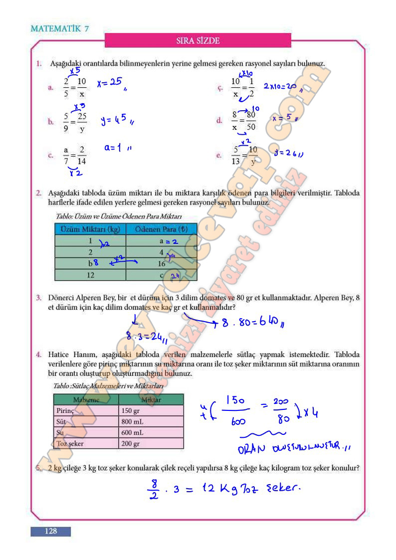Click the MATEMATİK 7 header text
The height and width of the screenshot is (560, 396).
point(59,28)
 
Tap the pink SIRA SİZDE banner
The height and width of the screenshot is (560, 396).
point(198,40)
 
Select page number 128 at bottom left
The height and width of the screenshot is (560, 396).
point(50,531)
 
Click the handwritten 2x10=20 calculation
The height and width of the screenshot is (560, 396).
point(280,86)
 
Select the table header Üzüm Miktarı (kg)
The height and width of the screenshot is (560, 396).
point(90,229)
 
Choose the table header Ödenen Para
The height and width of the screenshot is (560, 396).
point(161,229)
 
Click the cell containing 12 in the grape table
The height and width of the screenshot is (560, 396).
point(90,275)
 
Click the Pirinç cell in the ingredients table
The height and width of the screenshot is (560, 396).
point(85,411)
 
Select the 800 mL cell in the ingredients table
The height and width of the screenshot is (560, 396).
point(151,422)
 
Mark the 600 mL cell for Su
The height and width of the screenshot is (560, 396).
point(151,432)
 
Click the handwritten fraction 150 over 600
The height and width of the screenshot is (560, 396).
point(237,410)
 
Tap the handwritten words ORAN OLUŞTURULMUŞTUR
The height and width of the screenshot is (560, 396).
point(294,447)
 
